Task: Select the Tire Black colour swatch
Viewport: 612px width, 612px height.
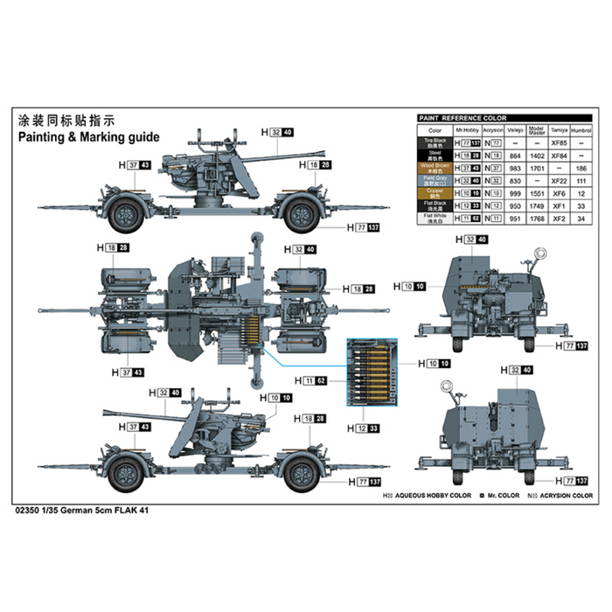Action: click(x=436, y=143)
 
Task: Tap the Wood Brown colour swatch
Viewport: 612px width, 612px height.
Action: click(x=436, y=168)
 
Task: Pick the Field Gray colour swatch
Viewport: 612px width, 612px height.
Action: click(x=436, y=180)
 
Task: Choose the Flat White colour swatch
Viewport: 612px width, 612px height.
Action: click(x=436, y=216)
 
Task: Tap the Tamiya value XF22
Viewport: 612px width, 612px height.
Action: click(x=560, y=179)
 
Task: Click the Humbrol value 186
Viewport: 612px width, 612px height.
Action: click(x=581, y=167)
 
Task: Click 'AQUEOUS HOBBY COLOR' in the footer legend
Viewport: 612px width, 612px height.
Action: click(x=432, y=496)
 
